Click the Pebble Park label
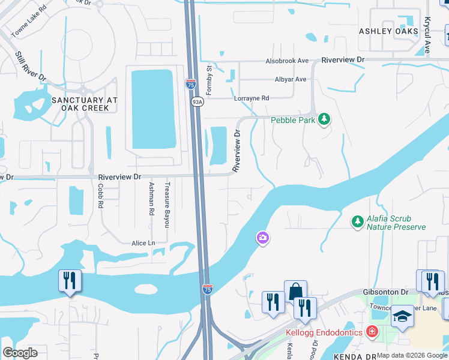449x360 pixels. tap(292, 120)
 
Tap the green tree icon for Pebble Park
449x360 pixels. tap(324, 119)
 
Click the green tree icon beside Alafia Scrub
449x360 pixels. tap(357, 222)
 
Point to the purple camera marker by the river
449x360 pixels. tap(262, 239)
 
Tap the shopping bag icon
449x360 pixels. tap(295, 292)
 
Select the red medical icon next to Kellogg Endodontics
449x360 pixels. tap(372, 331)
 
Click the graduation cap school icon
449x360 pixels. tap(402, 316)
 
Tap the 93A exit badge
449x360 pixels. tap(196, 102)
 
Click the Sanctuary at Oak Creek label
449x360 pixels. tap(80, 104)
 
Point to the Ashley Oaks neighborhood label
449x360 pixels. tap(384, 31)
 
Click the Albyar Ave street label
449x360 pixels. tap(291, 79)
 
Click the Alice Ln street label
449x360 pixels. tap(143, 243)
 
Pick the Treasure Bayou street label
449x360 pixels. tap(168, 205)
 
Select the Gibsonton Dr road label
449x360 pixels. tap(386, 292)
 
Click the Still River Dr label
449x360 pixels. tap(31, 66)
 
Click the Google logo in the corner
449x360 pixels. tap(20, 353)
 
